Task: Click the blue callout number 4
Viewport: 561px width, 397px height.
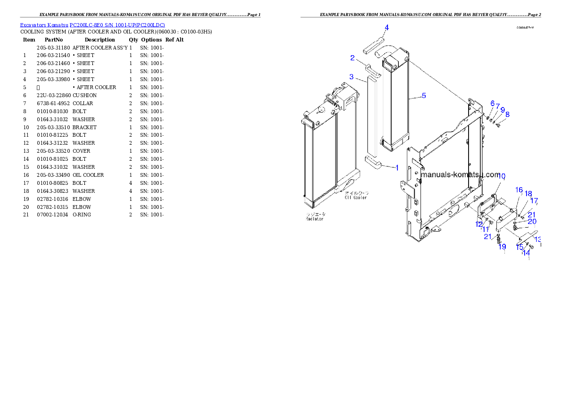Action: click(387, 28)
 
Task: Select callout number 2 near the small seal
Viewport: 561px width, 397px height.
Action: click(352, 58)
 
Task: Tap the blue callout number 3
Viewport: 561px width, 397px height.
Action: click(351, 76)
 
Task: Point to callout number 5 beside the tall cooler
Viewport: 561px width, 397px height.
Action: click(424, 96)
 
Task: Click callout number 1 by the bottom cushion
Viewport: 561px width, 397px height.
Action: click(396, 167)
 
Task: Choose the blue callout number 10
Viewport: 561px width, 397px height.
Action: click(502, 176)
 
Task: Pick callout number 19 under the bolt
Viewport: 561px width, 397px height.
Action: click(502, 247)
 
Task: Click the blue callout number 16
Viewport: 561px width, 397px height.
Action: click(519, 190)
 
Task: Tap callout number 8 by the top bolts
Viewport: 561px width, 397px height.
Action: click(507, 114)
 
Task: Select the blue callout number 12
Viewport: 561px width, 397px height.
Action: click(479, 224)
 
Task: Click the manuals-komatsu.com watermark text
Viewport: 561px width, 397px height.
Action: click(460, 175)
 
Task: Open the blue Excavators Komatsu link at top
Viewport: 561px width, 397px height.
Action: click(92, 25)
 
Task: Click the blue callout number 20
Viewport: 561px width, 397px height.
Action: click(532, 222)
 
